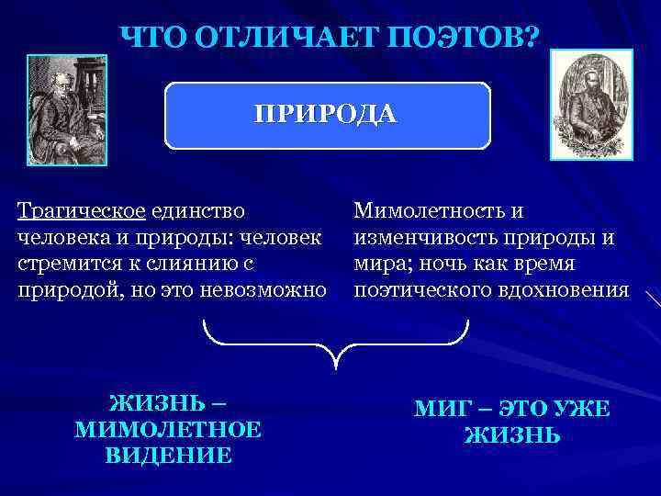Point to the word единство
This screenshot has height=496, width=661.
pyautogui.click(x=199, y=211)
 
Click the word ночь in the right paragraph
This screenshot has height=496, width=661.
pyautogui.click(x=441, y=264)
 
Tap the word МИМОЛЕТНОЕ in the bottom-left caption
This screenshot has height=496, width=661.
pyautogui.click(x=168, y=429)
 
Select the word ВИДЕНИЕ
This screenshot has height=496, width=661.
pyautogui.click(x=168, y=454)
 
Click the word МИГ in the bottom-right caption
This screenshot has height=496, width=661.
pyautogui.click(x=439, y=410)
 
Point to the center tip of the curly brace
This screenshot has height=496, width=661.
pyautogui.click(x=338, y=366)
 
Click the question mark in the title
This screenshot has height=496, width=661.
pyautogui.click(x=532, y=39)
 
